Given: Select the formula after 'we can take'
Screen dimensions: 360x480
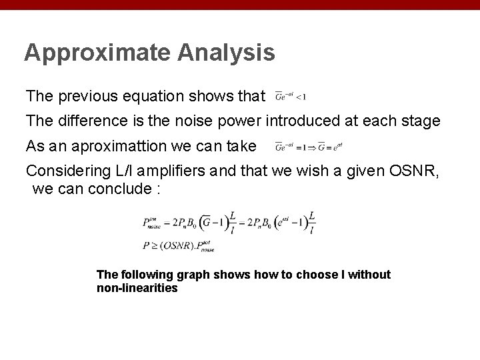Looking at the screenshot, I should coord(308,146).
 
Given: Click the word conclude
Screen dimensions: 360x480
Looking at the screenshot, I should coord(119,189).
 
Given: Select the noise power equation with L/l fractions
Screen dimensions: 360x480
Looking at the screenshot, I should coord(229,222).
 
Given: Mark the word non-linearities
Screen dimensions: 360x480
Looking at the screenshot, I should coord(137,289).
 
